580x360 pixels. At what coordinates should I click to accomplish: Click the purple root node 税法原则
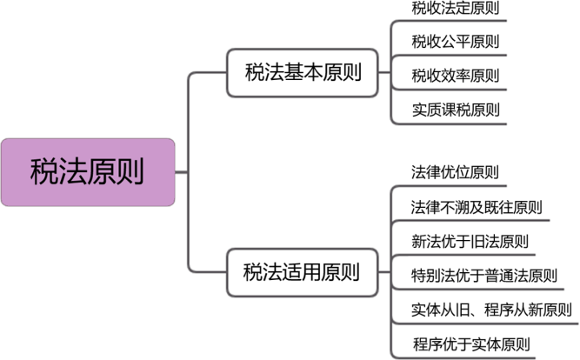[88, 171]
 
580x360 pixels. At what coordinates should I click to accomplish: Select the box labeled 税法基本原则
[294, 73]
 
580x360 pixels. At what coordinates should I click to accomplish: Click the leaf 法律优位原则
[455, 172]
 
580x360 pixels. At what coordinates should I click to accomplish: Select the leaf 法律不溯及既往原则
[477, 207]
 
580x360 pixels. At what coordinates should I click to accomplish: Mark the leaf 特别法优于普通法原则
[483, 275]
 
